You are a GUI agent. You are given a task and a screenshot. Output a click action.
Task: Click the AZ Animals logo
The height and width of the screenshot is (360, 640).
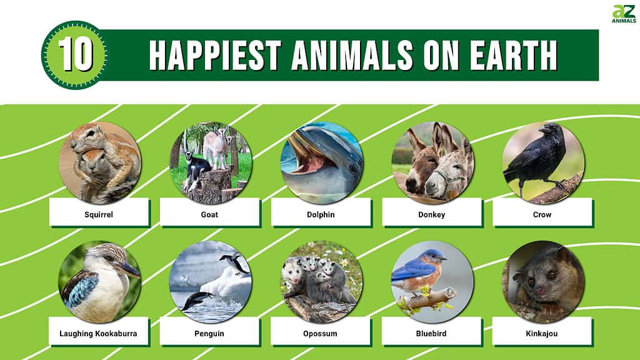[x=624, y=14]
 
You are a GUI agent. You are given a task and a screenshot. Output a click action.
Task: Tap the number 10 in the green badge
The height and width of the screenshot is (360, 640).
[x=75, y=55]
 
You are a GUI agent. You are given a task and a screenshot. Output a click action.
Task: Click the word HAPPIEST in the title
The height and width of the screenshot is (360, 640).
[x=215, y=55]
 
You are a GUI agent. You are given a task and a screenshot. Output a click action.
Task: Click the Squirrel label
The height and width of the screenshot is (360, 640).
[x=99, y=214]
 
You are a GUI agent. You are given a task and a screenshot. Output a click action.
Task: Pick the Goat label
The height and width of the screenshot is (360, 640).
[x=209, y=214]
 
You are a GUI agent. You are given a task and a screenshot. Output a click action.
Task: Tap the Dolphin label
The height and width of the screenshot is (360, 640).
[x=321, y=214]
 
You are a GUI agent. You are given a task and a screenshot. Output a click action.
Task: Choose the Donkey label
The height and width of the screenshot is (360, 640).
[x=431, y=214]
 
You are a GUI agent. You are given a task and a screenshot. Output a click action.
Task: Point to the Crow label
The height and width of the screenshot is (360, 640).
[x=542, y=214]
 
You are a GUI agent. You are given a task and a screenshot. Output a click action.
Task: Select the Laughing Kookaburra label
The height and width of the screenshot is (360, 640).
[x=98, y=334]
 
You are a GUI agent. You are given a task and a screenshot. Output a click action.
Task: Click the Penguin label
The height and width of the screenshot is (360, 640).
[x=209, y=334]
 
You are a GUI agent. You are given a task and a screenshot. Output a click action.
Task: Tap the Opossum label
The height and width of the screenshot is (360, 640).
[x=321, y=334]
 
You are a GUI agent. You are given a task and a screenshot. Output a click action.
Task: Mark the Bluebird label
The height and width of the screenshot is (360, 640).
[x=431, y=334]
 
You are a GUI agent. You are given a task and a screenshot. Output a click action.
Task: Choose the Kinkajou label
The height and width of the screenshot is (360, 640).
[x=542, y=334]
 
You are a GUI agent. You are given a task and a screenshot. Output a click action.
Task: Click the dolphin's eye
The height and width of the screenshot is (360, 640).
[x=352, y=168]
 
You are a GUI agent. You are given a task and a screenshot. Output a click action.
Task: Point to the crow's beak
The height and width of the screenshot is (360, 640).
[x=544, y=130]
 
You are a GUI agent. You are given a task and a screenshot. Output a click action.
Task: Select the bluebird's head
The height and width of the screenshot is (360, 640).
[x=434, y=257]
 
